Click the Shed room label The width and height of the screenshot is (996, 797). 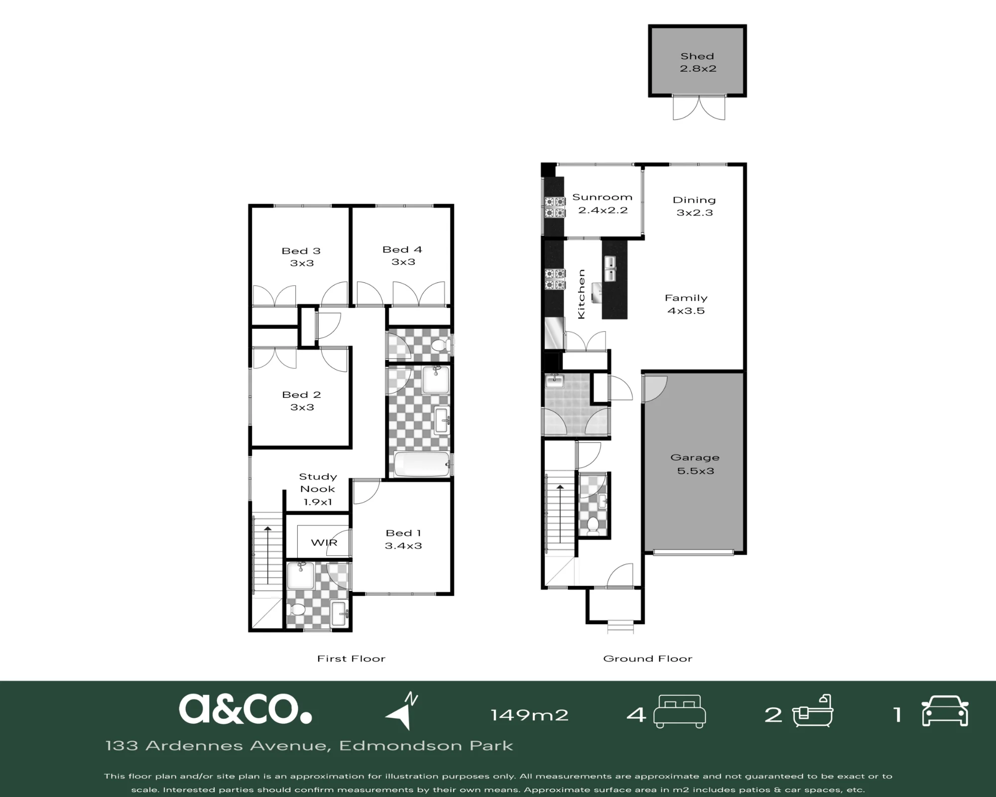[698, 62]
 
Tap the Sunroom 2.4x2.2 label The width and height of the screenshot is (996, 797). [603, 203]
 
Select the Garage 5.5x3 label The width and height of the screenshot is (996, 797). [695, 464]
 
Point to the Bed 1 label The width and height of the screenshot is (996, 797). [403, 539]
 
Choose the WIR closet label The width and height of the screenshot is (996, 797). [324, 542]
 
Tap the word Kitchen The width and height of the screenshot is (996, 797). [581, 294]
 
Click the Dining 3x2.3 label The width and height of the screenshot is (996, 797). [694, 206]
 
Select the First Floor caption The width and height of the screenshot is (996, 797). [352, 659]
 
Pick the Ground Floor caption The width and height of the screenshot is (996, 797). [648, 659]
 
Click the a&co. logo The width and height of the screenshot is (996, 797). [246, 709]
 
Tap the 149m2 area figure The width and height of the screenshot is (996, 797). [529, 715]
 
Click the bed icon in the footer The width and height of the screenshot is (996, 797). [680, 712]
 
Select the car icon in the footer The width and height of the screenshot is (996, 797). [945, 711]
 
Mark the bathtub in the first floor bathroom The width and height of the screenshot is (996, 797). [421, 464]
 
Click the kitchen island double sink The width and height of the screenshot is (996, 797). [610, 269]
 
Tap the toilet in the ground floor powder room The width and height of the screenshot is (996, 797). [593, 527]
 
